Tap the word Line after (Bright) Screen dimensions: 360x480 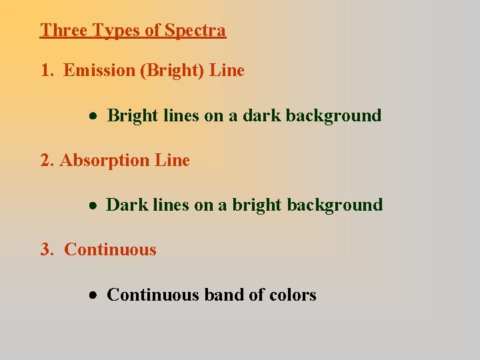[227, 71]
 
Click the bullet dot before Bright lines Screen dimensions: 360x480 [96, 116]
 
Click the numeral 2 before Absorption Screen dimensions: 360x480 [45, 161]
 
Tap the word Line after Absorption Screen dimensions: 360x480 [172, 161]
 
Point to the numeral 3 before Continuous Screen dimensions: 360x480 [45, 250]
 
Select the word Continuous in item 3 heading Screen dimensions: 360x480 [110, 250]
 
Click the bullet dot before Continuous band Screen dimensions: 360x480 [96, 295]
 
